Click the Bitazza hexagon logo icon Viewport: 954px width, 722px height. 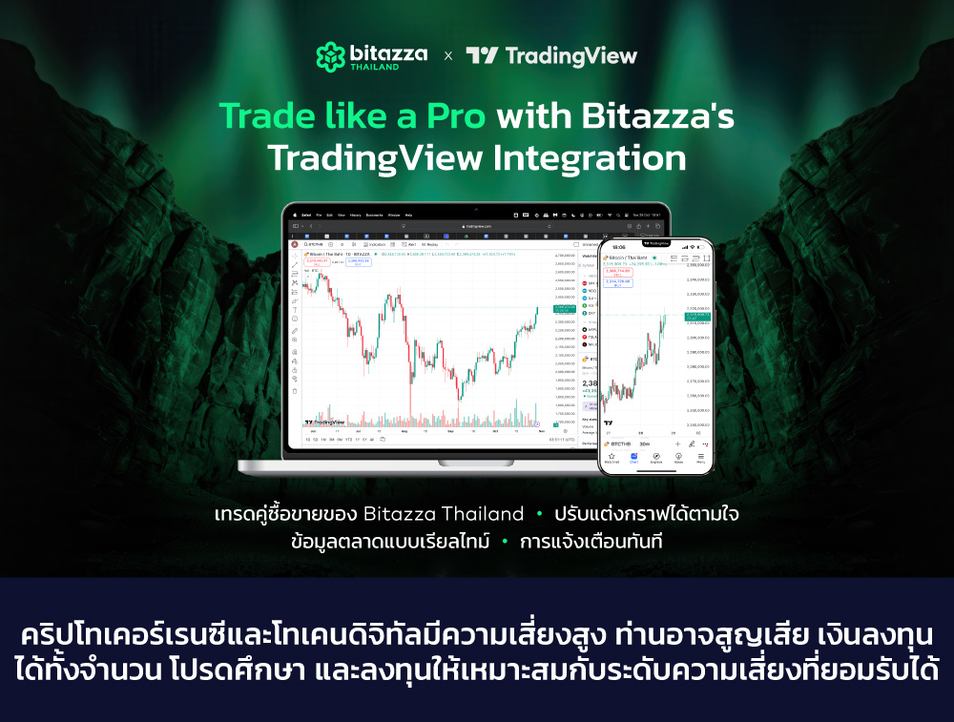[330, 56]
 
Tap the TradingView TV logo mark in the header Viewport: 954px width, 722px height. [482, 55]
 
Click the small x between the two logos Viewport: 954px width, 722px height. [448, 56]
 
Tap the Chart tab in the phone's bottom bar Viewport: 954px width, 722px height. [633, 459]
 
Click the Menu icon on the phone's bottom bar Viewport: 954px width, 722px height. [700, 458]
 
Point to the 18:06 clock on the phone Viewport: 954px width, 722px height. [618, 247]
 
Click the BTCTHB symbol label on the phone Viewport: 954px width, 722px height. [621, 444]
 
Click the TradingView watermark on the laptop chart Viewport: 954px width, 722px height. [324, 421]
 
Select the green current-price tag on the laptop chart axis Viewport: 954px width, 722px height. [564, 308]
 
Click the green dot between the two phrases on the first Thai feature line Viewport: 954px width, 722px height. [539, 514]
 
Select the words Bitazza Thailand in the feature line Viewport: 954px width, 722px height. [444, 514]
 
